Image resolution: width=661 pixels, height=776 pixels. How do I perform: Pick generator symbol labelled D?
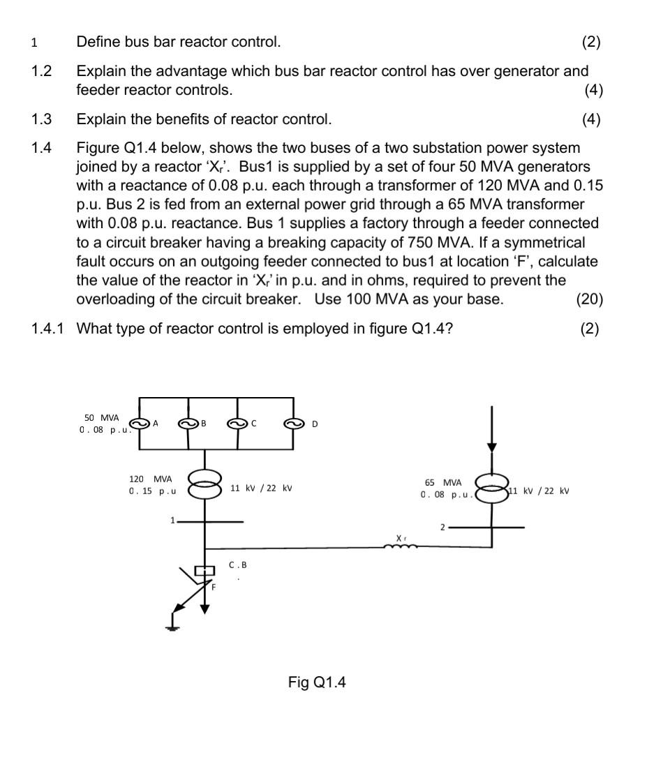pyautogui.click(x=295, y=424)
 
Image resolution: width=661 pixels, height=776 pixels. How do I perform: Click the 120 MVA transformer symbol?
pyautogui.click(x=204, y=484)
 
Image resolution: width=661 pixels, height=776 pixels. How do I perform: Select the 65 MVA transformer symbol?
pyautogui.click(x=492, y=486)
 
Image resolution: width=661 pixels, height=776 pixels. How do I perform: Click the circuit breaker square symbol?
pyautogui.click(x=204, y=571)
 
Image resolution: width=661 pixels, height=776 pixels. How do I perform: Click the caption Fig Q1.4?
pyautogui.click(x=317, y=682)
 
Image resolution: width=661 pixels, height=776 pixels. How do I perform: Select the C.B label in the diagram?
pyautogui.click(x=237, y=565)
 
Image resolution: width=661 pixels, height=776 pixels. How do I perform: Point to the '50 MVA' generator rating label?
pyautogui.click(x=102, y=418)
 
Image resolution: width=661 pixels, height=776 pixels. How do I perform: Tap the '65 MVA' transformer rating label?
pyautogui.click(x=443, y=482)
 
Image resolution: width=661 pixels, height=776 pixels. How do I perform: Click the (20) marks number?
pyautogui.click(x=589, y=299)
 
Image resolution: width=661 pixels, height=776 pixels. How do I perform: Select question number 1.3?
pyautogui.click(x=41, y=119)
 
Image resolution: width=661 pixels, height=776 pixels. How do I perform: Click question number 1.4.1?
pyautogui.click(x=47, y=328)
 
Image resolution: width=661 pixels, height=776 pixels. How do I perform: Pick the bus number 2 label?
pyautogui.click(x=443, y=528)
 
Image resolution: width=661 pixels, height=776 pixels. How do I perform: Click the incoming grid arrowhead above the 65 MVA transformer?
pyautogui.click(x=492, y=446)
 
